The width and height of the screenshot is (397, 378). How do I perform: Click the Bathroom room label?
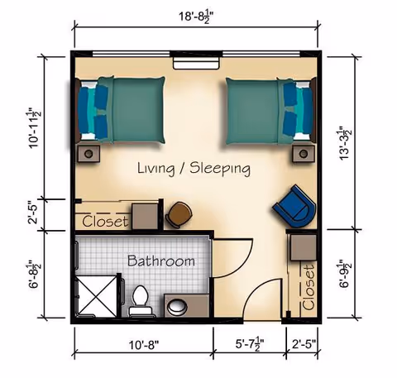coord(161,261)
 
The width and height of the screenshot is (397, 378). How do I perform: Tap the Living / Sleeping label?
coord(194,169)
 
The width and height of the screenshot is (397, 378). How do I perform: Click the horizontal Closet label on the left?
coord(105,221)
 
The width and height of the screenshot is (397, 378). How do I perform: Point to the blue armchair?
coord(294,207)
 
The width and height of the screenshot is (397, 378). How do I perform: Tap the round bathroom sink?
coord(176,308)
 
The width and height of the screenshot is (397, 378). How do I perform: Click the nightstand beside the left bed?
coord(88,153)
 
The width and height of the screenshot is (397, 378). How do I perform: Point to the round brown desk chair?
coord(178,214)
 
